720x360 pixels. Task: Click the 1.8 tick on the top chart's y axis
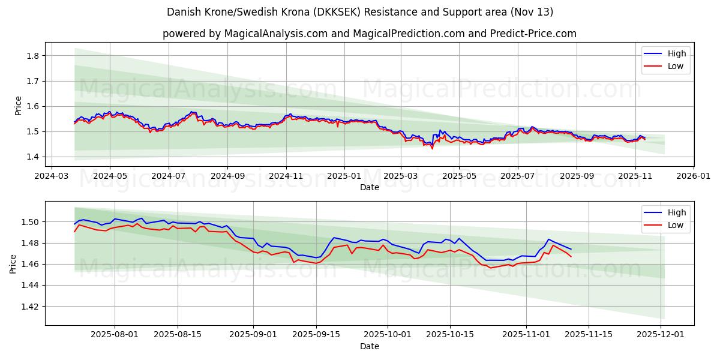point(33,56)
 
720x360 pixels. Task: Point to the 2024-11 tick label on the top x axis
point(286,177)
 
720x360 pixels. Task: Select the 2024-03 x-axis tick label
point(51,177)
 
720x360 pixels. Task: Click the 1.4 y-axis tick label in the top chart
point(33,157)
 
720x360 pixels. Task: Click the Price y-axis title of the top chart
point(18,106)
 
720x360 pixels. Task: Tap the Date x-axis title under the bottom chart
point(369,347)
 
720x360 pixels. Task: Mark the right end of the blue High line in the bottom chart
point(571,249)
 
